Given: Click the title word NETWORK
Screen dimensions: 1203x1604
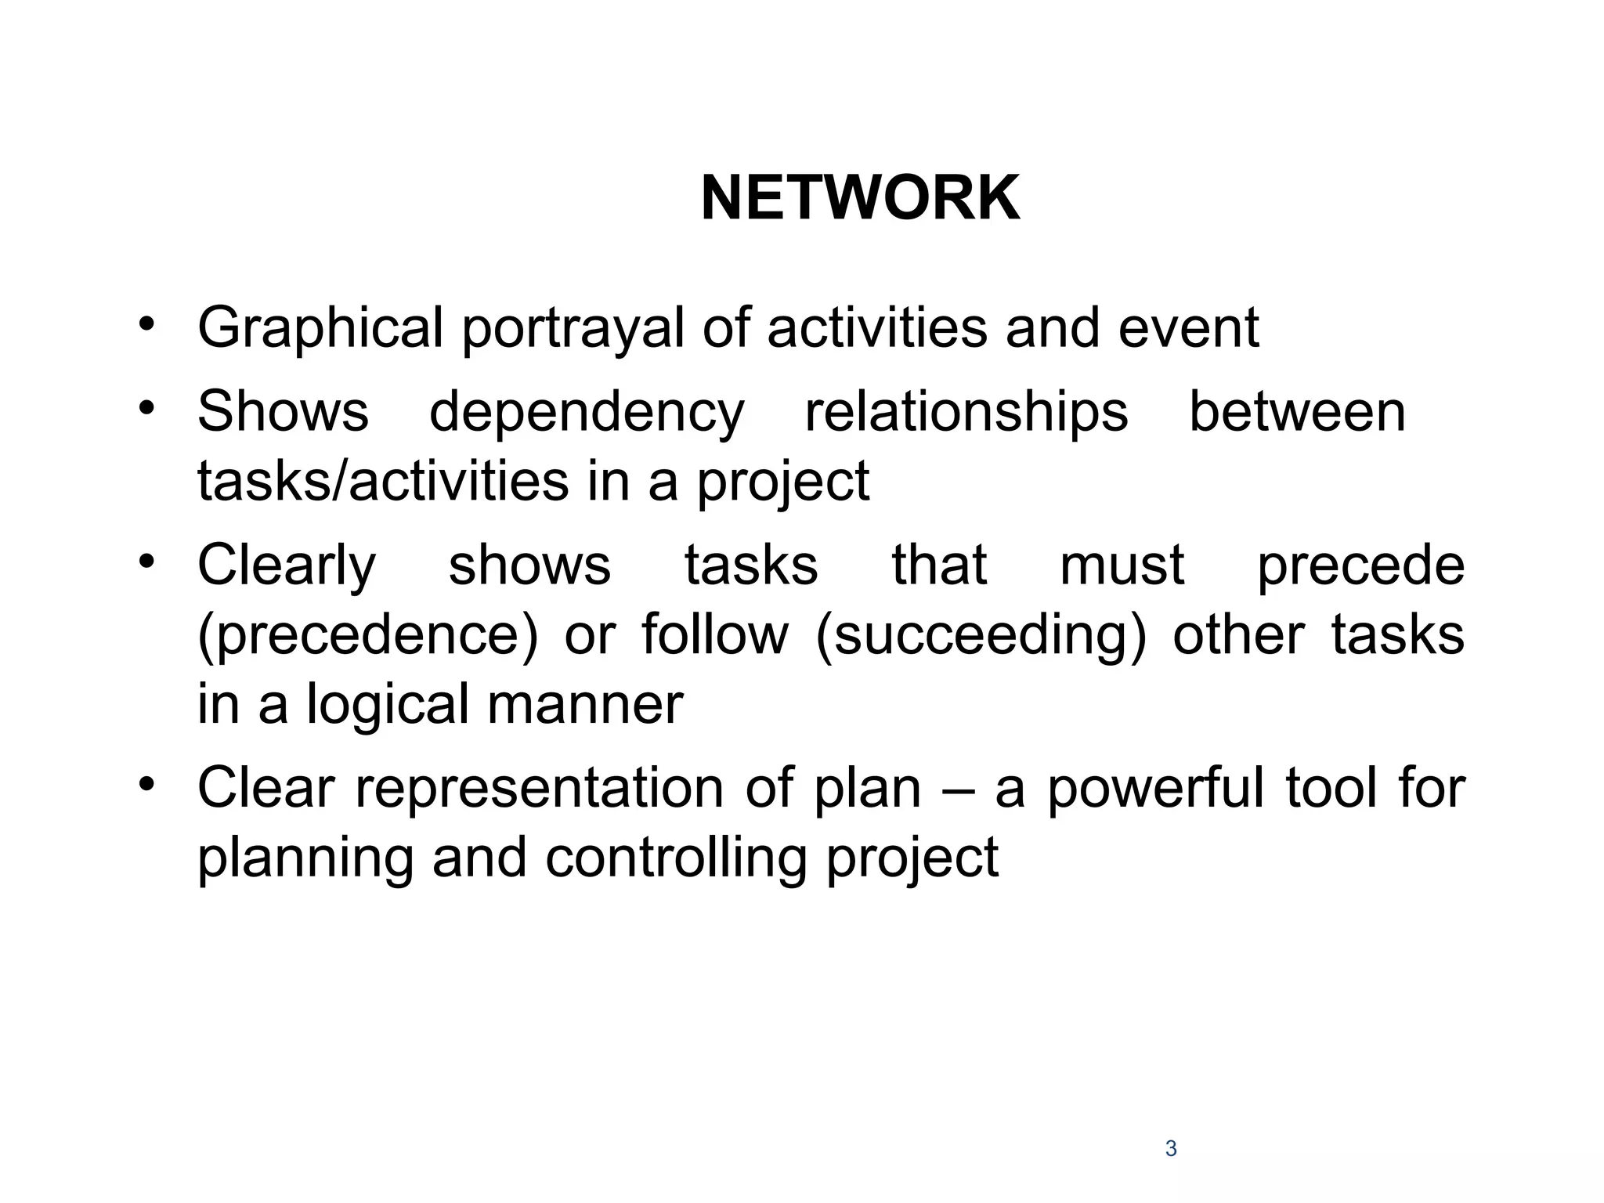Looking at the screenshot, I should tap(860, 199).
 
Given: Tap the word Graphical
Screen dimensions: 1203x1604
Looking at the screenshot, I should tap(320, 328).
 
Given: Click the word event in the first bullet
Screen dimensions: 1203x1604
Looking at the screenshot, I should tap(1188, 328).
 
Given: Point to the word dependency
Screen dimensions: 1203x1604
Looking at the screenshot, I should tap(587, 413).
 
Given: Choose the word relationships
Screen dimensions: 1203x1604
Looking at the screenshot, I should tap(966, 413).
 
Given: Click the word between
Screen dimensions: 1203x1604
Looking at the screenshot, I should tap(1297, 411).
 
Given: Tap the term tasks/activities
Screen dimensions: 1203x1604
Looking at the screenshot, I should tap(383, 481).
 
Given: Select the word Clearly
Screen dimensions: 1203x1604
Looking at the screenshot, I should tap(287, 566).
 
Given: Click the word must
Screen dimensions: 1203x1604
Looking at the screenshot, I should tap(1122, 565).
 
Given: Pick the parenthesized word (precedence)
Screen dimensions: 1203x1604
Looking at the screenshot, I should tap(368, 635).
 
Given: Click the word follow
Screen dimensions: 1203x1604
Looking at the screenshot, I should tap(714, 634).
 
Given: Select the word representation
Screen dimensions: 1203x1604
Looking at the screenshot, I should tap(540, 788).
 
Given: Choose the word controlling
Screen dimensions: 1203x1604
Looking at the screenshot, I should tap(676, 858).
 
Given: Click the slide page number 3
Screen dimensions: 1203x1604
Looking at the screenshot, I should tap(1171, 1149).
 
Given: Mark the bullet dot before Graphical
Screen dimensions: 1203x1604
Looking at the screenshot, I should tap(146, 325).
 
